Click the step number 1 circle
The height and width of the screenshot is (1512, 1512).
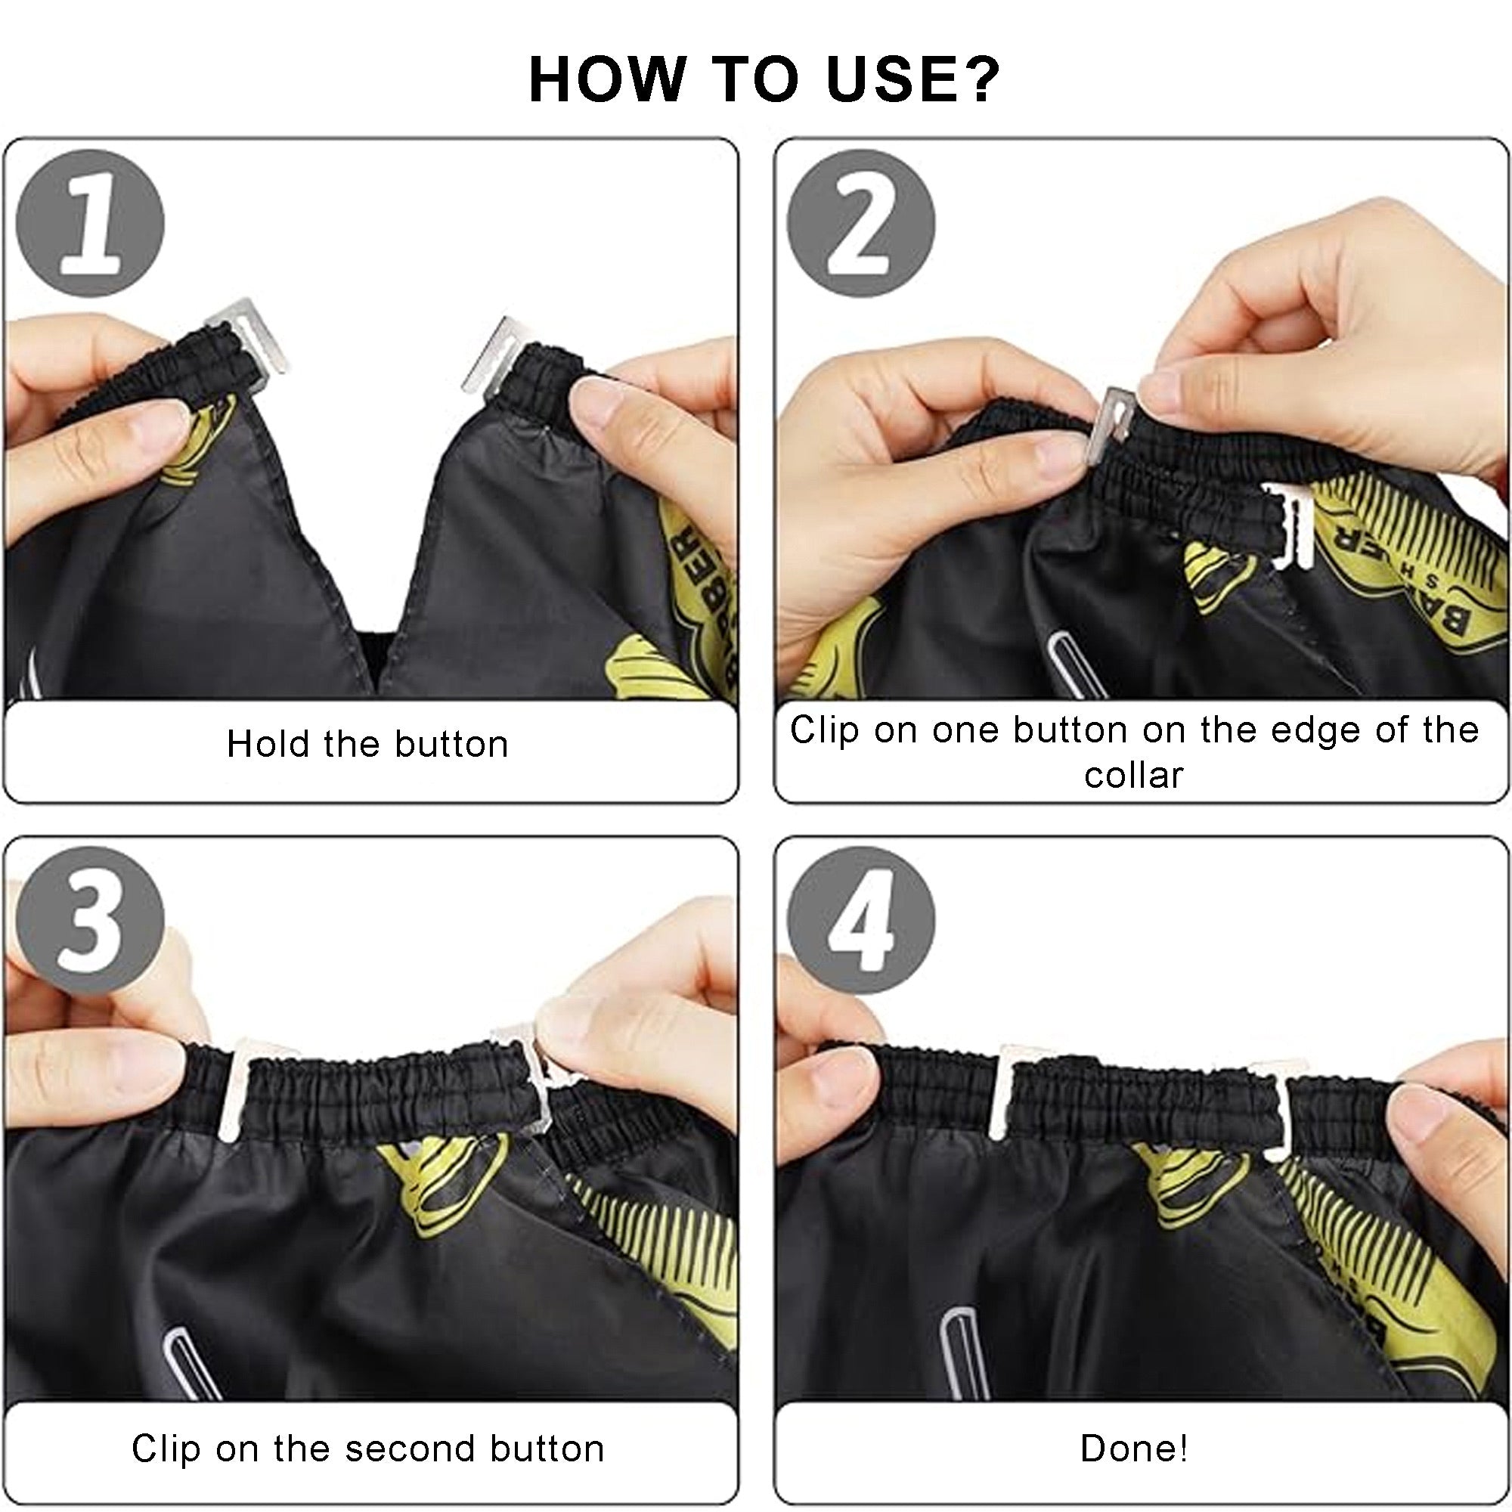[x=90, y=224]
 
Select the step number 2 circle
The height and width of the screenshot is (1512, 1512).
[x=861, y=224]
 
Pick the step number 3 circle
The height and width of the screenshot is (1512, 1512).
[x=90, y=920]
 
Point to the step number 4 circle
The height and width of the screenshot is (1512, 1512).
[x=861, y=920]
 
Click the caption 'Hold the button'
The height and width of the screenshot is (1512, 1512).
[x=367, y=743]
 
